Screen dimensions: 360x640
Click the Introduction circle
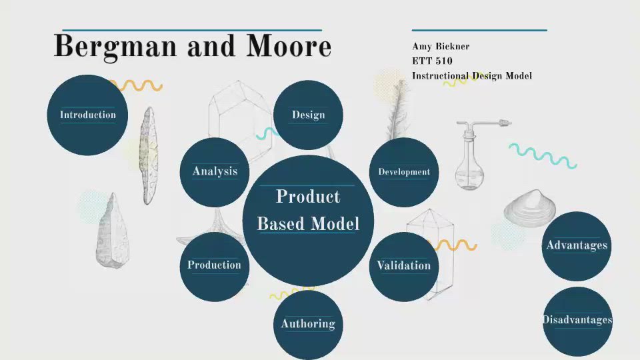pyautogui.click(x=87, y=115)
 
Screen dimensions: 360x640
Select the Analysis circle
pyautogui.click(x=215, y=172)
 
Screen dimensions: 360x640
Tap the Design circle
pyautogui.click(x=308, y=115)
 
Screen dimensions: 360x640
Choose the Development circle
pyautogui.click(x=404, y=172)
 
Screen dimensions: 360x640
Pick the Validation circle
pyautogui.click(x=404, y=266)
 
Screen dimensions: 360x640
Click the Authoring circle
pyautogui.click(x=308, y=324)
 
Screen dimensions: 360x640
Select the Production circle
pyautogui.click(x=214, y=265)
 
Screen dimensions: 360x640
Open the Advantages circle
pyautogui.click(x=577, y=246)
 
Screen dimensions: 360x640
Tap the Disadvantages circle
pyautogui.click(x=577, y=321)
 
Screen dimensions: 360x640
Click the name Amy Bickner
pyautogui.click(x=441, y=47)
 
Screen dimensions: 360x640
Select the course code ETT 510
pyautogui.click(x=432, y=61)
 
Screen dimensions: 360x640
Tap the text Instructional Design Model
pyautogui.click(x=471, y=76)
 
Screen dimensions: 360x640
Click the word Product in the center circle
pyautogui.click(x=308, y=197)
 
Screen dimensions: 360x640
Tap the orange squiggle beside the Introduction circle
pyautogui.click(x=137, y=85)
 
